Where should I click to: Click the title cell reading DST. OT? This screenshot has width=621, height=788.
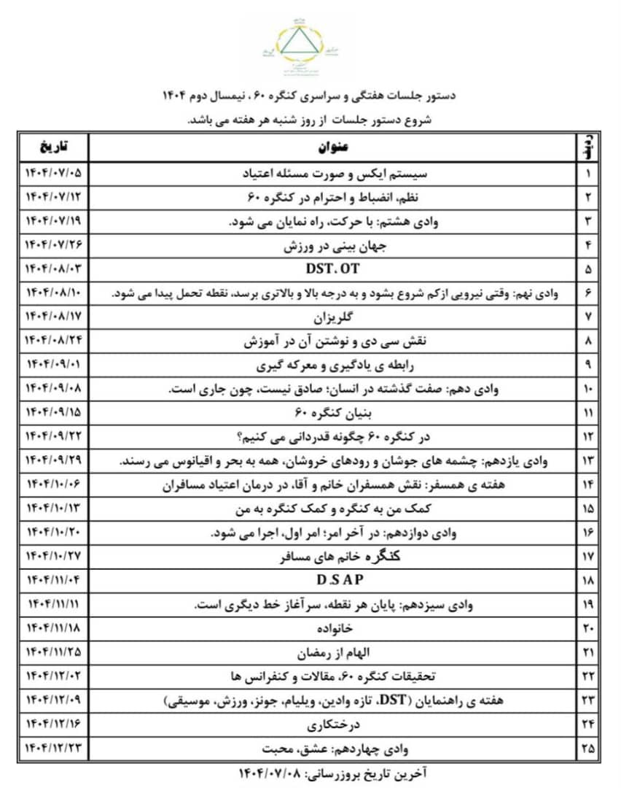pos(332,269)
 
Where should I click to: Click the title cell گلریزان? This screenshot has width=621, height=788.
pos(332,317)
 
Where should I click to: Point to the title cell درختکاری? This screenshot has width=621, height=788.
pos(332,725)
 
